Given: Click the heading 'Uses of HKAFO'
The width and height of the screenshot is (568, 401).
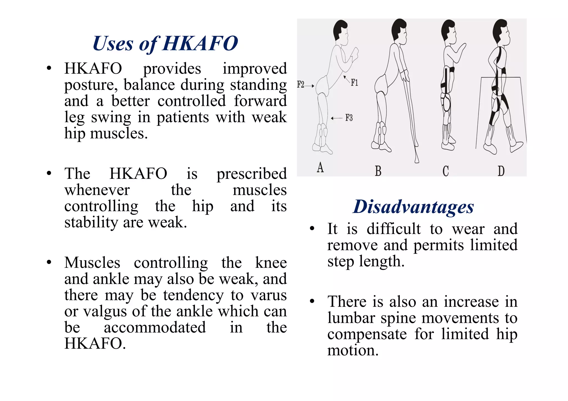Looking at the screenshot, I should pyautogui.click(x=165, y=44).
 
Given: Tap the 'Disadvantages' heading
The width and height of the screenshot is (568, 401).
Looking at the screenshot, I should pyautogui.click(x=413, y=207).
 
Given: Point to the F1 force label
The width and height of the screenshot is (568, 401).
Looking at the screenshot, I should pyautogui.click(x=354, y=83).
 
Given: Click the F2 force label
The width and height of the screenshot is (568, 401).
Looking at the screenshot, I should pyautogui.click(x=301, y=85).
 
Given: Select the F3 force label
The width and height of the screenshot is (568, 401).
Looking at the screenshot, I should pyautogui.click(x=349, y=118).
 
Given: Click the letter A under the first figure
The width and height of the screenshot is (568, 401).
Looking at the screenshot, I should pyautogui.click(x=320, y=168).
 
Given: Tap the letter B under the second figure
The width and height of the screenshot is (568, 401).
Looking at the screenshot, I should pyautogui.click(x=378, y=171).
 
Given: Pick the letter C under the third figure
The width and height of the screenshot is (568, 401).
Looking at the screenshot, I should pyautogui.click(x=445, y=171).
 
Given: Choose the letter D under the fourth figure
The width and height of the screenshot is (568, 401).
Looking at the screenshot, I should pyautogui.click(x=501, y=171).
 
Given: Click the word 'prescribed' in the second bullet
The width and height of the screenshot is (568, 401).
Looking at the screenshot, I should pyautogui.click(x=251, y=174).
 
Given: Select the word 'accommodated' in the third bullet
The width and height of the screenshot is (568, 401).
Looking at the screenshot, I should pyautogui.click(x=155, y=328).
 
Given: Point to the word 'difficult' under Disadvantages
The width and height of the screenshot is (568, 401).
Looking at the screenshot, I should pyautogui.click(x=393, y=229).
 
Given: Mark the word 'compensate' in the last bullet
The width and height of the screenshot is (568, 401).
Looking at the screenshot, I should pyautogui.click(x=367, y=334).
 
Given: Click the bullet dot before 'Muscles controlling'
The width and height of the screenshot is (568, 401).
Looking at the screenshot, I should pyautogui.click(x=49, y=262).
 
